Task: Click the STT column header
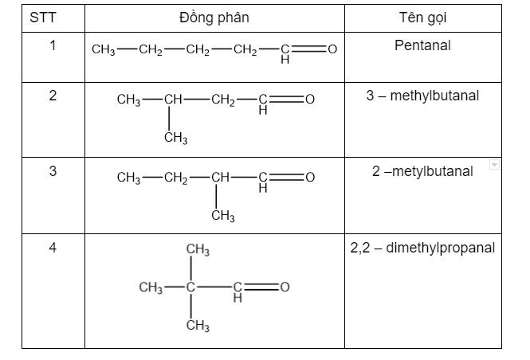[x=42, y=18]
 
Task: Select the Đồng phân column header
[x=214, y=18]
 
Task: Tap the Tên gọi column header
[x=423, y=18]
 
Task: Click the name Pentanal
[x=422, y=45]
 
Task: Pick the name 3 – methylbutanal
[x=422, y=96]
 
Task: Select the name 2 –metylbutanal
[x=422, y=171]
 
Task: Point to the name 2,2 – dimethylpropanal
[x=422, y=248]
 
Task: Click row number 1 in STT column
[x=53, y=45]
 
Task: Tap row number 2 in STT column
[x=53, y=96]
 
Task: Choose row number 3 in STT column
[x=53, y=171]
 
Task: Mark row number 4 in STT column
[x=53, y=248]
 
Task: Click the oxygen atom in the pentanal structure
[x=332, y=49]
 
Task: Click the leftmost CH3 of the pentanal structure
[x=104, y=49]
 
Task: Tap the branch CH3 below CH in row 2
[x=176, y=138]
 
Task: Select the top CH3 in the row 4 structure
[x=198, y=250]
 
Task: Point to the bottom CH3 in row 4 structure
[x=198, y=326]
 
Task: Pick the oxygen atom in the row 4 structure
[x=285, y=287]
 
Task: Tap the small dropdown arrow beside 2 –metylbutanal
[x=494, y=165]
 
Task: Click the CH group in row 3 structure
[x=221, y=177]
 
